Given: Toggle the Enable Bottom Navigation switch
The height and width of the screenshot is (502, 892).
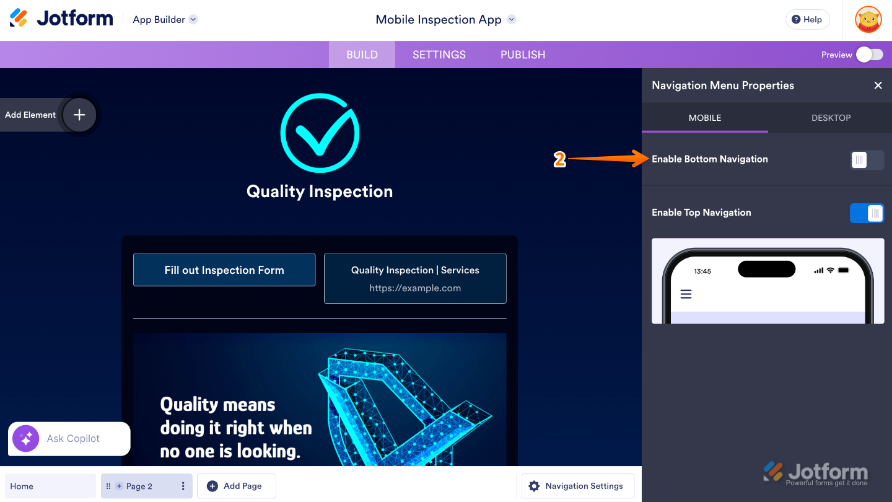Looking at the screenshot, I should tap(867, 160).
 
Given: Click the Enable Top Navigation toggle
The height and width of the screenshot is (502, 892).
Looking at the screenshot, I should tap(867, 213).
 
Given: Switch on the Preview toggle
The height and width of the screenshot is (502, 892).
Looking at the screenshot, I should tap(869, 55).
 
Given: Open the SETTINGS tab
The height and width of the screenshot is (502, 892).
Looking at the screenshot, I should tap(439, 55).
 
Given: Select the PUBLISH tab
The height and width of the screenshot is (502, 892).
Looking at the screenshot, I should tap(523, 55).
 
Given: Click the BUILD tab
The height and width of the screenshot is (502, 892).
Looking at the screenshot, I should tap(362, 55).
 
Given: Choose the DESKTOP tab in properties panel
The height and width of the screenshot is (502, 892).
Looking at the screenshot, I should tap(831, 118).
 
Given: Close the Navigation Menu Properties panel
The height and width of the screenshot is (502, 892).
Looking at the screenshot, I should tap(878, 86).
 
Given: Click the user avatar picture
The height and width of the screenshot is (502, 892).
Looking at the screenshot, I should tap(868, 19).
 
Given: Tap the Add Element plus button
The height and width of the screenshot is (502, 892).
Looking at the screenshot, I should tap(79, 115).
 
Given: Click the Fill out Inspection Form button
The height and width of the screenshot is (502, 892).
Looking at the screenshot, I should tap(224, 270).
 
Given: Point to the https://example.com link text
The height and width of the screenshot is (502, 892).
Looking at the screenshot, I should tap(415, 288).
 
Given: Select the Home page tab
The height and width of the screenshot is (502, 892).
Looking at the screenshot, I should tap(50, 487).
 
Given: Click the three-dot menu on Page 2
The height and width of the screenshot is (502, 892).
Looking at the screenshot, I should tap(183, 487).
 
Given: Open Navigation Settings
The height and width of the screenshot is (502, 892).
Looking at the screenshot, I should tap(577, 487).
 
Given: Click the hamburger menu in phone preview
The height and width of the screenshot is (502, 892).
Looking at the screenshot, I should tap(686, 294).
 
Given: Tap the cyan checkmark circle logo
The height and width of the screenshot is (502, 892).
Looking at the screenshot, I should tap(320, 133).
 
